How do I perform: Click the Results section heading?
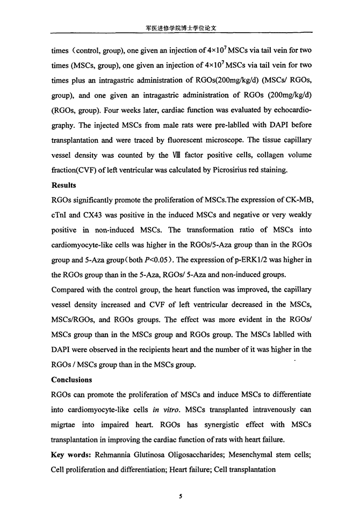tap(63, 186)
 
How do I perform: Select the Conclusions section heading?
tap(71, 380)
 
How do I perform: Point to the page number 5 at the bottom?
tap(181, 497)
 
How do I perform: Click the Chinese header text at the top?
tap(181, 25)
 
